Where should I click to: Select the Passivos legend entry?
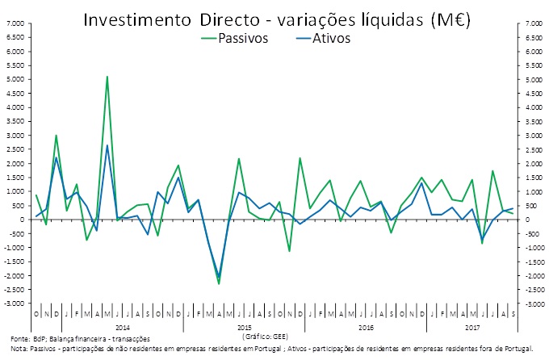[242, 39]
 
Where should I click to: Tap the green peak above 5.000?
[107, 77]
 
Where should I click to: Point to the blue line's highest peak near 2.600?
[107, 145]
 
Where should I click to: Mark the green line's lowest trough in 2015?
[219, 283]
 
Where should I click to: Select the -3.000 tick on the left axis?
[15, 303]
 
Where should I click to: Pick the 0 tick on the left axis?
[22, 220]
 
